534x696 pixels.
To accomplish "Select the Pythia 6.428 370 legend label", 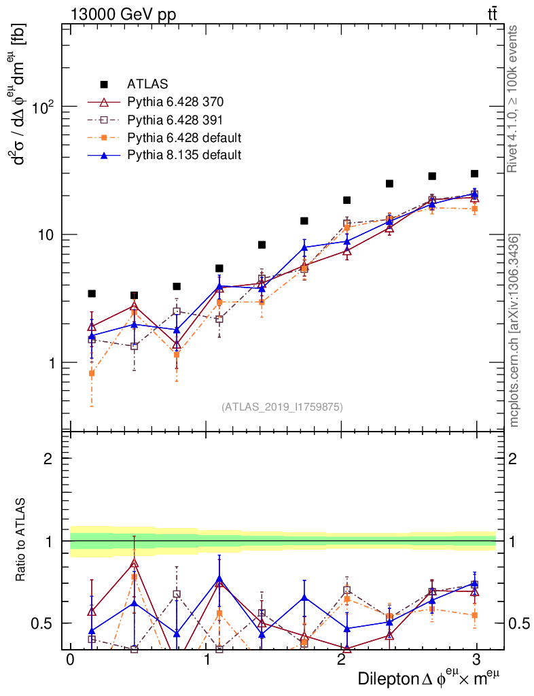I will (x=175, y=102).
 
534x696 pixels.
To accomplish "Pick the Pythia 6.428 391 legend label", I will (x=175, y=120).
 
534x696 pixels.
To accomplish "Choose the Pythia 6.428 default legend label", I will (x=184, y=137).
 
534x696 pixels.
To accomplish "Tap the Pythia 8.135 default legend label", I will (x=184, y=155).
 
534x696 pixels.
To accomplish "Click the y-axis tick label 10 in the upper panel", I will (x=47, y=234).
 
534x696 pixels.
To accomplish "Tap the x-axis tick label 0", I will (x=70, y=661).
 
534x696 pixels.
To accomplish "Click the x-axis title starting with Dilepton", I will (x=429, y=679).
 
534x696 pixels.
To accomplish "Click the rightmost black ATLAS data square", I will (x=474, y=174).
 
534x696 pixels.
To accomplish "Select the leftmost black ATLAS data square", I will (x=92, y=294).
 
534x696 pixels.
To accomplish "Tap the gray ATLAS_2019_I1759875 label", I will (x=282, y=407).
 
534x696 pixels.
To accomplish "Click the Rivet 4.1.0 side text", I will (x=514, y=99).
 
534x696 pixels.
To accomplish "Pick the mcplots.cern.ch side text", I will (x=514, y=330).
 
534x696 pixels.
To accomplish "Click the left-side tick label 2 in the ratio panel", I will (x=49, y=459).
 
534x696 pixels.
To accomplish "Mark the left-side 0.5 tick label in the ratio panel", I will (x=42, y=623).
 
